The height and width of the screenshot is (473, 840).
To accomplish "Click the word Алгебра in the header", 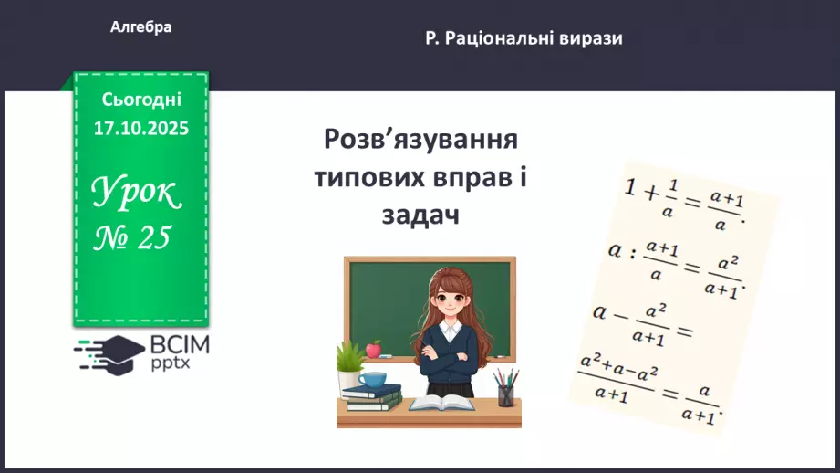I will [x=140, y=27].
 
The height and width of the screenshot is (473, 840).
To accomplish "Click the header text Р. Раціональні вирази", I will [x=524, y=38].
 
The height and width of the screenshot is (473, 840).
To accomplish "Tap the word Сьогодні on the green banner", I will [x=141, y=100].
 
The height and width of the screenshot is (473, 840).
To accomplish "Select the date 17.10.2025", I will [x=141, y=129].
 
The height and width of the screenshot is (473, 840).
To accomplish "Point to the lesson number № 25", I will [x=134, y=237].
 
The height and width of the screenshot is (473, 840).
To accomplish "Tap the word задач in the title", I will [x=420, y=215].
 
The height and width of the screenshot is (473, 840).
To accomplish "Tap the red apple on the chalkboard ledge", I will [x=373, y=349].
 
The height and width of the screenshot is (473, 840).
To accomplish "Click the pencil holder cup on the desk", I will [x=505, y=394].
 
